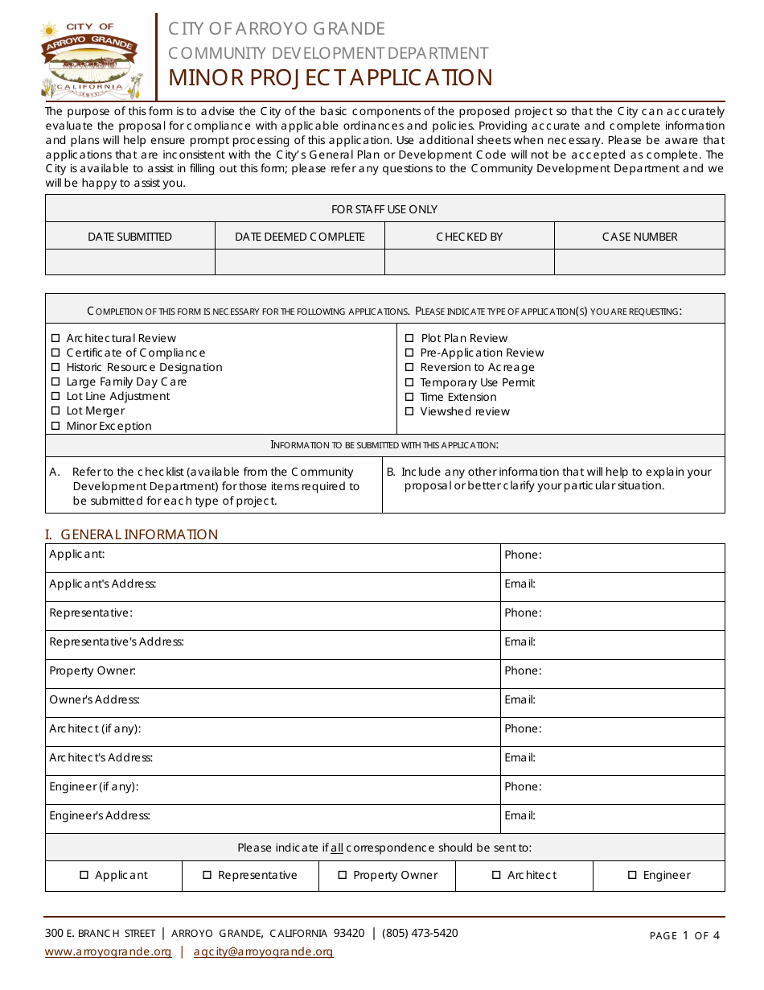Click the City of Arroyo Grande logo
point(90,58)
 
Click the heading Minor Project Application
point(330,77)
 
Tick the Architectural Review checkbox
point(55,339)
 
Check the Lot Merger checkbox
point(55,411)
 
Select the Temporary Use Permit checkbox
point(409,382)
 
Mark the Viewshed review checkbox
point(409,411)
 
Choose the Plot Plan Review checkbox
point(409,339)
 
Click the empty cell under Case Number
point(639,262)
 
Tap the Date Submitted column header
point(129,237)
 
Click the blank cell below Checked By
point(470,262)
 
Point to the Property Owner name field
point(314,671)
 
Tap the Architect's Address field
point(322,758)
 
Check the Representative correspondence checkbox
point(207,875)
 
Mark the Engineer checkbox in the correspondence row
point(632,875)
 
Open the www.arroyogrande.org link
point(108,951)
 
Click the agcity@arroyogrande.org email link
point(263,951)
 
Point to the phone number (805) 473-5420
point(420,933)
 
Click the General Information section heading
point(131,534)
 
